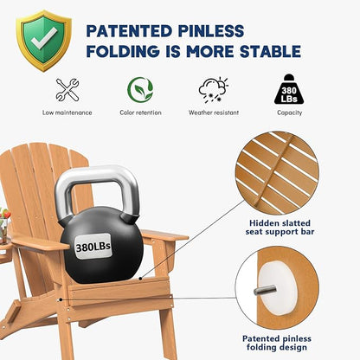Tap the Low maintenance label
point(67,112)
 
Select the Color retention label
point(139,112)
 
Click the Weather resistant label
point(212,112)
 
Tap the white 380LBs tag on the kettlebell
point(93,247)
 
